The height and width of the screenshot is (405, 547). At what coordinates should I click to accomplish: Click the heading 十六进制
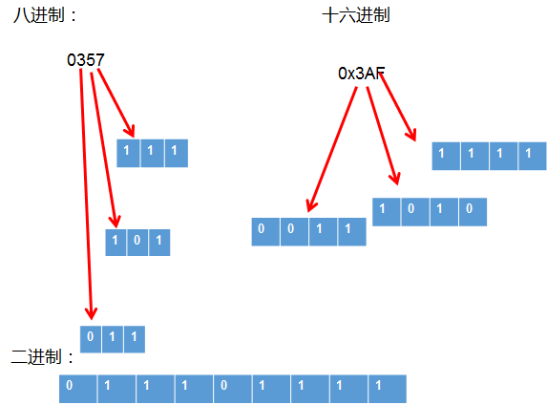[356, 16]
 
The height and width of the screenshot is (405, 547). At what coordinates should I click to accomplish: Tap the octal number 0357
[86, 60]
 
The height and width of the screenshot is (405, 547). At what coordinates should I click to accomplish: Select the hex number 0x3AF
[362, 74]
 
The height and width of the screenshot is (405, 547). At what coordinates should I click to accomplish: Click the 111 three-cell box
[152, 153]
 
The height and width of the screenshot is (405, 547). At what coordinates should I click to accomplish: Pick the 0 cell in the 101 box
[137, 242]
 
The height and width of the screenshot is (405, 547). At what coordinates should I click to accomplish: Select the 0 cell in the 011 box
[91, 337]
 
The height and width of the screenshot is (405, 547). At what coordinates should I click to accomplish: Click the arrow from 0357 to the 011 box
[86, 191]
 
